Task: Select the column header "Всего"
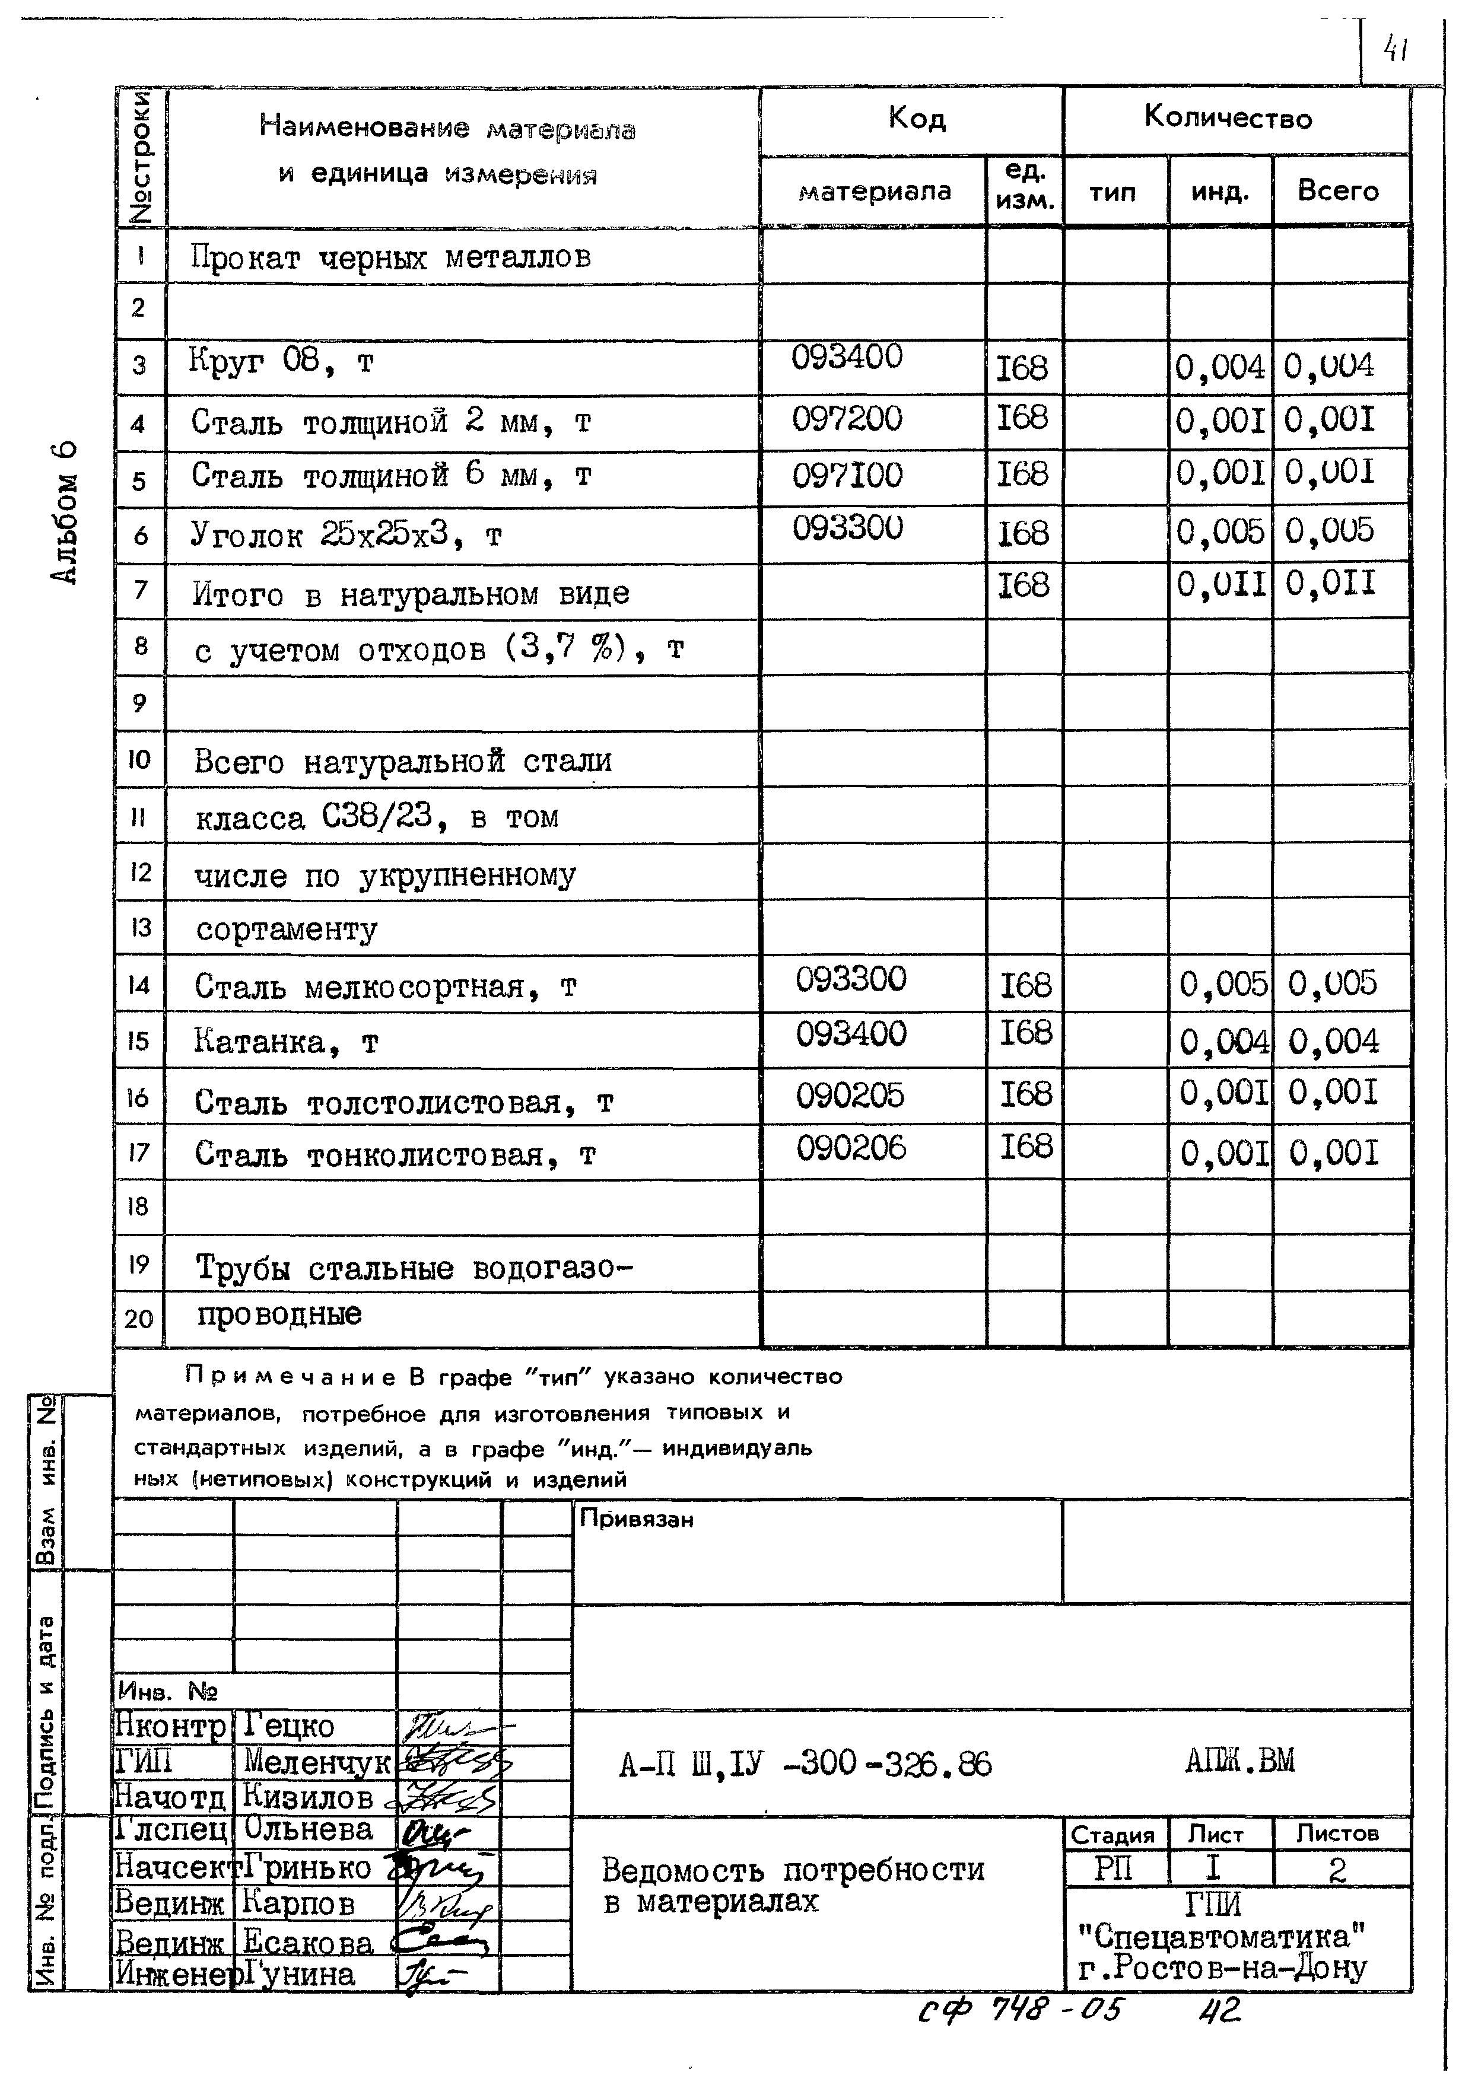(1338, 190)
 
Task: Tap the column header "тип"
(1113, 191)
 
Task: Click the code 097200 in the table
(846, 419)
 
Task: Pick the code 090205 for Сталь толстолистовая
(850, 1095)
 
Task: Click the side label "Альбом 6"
(65, 512)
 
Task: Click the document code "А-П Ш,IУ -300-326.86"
(805, 1765)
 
